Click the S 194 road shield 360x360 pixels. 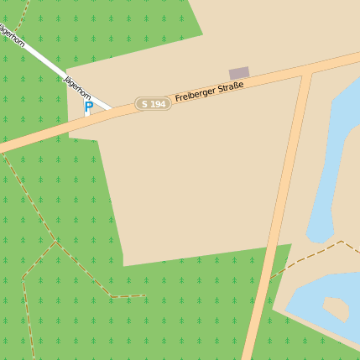(x=153, y=103)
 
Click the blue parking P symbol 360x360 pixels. (x=88, y=107)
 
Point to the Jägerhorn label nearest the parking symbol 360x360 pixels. (x=77, y=87)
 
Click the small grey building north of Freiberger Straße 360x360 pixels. (x=239, y=73)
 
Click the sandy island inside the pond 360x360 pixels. (x=335, y=308)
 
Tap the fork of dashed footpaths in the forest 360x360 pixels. (x=56, y=242)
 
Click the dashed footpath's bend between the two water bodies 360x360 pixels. (x=342, y=242)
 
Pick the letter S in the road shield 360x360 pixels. (x=145, y=103)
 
